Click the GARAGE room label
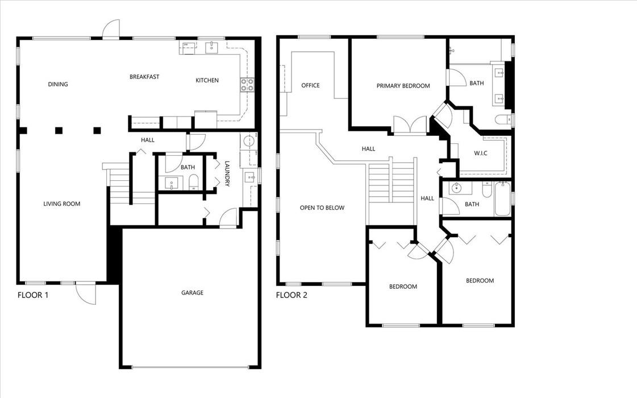[192, 293]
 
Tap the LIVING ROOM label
[62, 204]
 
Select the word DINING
[58, 84]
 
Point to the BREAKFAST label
[144, 76]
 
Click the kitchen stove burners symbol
[247, 84]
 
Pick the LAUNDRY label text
[227, 173]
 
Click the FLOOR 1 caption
[33, 295]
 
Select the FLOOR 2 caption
[292, 295]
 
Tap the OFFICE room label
[310, 85]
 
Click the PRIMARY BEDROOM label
[403, 86]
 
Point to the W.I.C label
[481, 154]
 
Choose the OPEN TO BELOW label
[322, 208]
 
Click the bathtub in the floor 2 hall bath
[502, 199]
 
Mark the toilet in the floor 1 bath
[193, 182]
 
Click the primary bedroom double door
[410, 125]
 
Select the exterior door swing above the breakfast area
[111, 29]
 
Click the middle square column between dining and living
[59, 131]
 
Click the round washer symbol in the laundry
[248, 142]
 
